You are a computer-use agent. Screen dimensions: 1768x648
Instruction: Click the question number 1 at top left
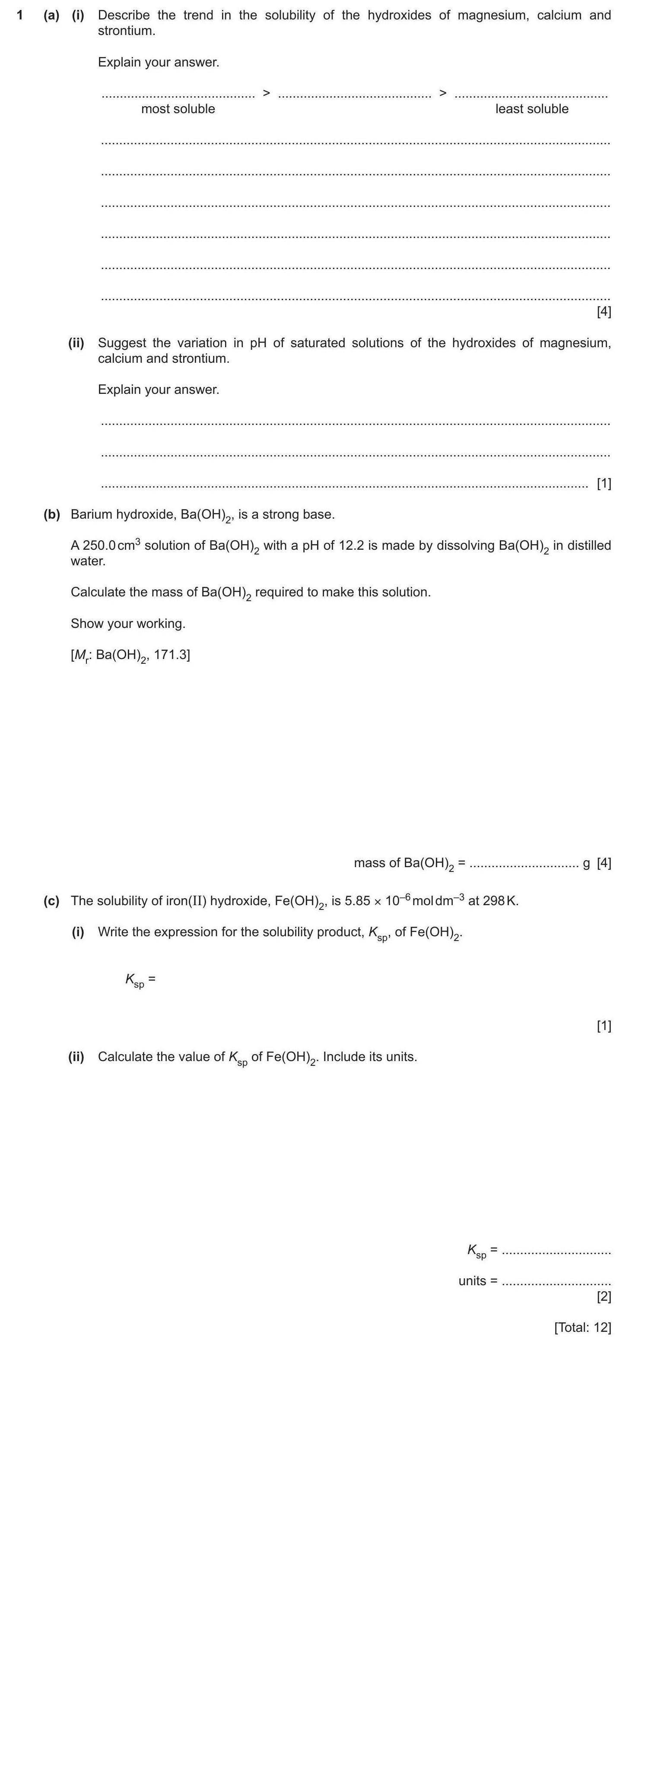pyautogui.click(x=21, y=15)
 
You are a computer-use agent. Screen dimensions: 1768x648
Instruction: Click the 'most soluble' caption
pyautogui.click(x=178, y=109)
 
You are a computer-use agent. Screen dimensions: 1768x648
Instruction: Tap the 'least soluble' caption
pyautogui.click(x=531, y=109)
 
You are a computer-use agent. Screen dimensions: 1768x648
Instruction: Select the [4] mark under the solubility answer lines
pyautogui.click(x=604, y=312)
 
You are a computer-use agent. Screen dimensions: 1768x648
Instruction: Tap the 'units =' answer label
pyautogui.click(x=477, y=1281)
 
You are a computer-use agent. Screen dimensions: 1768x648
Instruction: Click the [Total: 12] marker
pyautogui.click(x=582, y=1328)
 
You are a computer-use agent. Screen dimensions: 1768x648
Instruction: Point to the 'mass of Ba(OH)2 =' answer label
pyautogui.click(x=409, y=863)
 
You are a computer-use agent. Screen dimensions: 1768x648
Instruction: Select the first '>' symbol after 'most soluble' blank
pyautogui.click(x=267, y=93)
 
